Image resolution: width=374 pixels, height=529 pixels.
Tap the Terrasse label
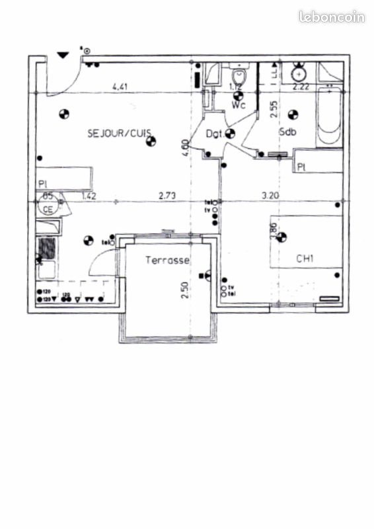click(168, 261)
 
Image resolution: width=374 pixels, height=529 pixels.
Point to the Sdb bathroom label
click(287, 132)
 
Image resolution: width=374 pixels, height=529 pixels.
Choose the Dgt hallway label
click(213, 134)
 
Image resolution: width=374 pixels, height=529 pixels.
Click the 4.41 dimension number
click(120, 86)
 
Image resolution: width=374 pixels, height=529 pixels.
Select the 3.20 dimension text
click(271, 195)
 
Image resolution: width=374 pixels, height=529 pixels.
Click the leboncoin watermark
click(332, 17)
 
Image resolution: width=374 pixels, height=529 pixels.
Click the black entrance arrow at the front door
click(63, 56)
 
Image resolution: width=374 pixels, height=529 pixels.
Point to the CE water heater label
click(48, 210)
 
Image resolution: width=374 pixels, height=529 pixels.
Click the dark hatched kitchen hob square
click(47, 248)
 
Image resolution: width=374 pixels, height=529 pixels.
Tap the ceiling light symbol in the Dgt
click(230, 134)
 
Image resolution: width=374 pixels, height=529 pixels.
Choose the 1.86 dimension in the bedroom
click(274, 229)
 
